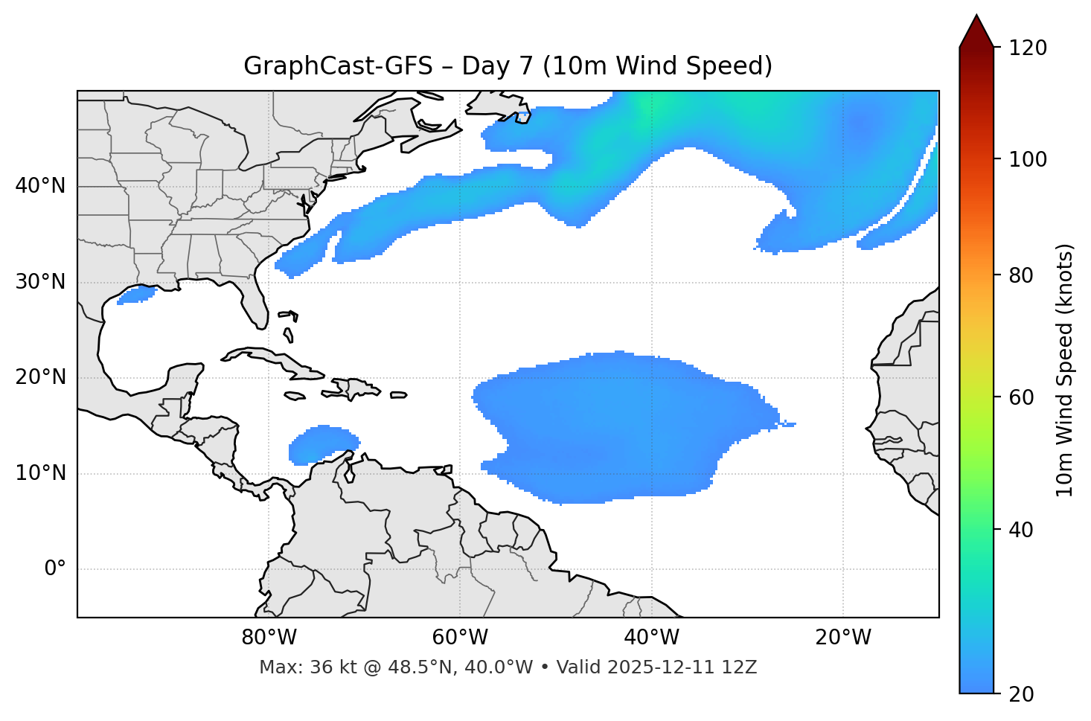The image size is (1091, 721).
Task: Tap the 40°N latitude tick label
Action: [40, 186]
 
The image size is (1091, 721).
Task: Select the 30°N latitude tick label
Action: [40, 282]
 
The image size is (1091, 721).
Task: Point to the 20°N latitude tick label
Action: [40, 377]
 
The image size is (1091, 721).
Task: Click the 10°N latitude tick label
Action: [40, 473]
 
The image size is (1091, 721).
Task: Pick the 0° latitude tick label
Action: [55, 569]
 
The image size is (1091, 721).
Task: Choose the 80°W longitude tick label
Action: [269, 638]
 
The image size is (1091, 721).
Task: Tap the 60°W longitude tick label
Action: [460, 638]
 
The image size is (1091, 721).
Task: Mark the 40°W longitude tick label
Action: [651, 638]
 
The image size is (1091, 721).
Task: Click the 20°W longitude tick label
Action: [842, 638]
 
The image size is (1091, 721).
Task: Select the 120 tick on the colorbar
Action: [1028, 48]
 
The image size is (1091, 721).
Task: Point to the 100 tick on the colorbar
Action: [1028, 159]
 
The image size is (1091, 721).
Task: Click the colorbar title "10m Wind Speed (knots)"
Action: [1065, 370]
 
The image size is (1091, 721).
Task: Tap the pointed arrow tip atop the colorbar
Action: [976, 18]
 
